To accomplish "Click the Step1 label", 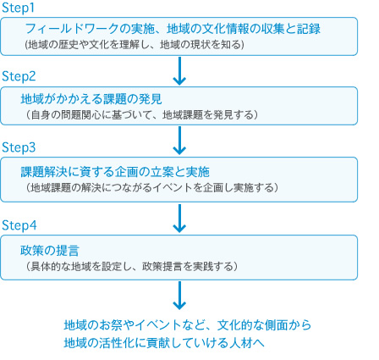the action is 18,8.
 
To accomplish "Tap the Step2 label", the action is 19,76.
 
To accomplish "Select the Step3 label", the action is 19,147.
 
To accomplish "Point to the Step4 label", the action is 19,225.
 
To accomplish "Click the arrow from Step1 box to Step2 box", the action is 179,71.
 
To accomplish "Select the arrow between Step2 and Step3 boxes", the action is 179,141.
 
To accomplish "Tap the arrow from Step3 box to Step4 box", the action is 179,219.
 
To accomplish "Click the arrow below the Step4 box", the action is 179,296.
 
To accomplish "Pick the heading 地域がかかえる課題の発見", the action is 91,99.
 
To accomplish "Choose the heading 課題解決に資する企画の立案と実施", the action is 115,172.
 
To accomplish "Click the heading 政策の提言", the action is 50,250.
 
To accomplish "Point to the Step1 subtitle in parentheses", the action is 135,45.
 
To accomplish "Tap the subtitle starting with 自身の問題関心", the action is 142,115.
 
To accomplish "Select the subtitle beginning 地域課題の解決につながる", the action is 152,188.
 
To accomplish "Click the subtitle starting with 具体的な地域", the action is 132,266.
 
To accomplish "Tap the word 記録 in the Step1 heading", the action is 309,29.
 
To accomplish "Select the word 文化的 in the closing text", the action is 234,325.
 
